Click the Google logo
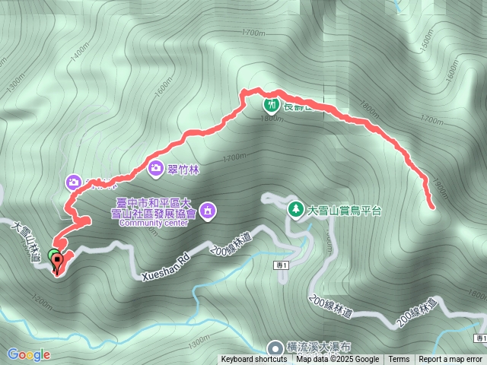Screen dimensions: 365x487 click(x=29, y=354)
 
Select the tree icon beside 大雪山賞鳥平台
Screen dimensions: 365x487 click(x=295, y=208)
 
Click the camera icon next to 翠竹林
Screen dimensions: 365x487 click(x=155, y=169)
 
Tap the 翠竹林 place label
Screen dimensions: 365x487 click(x=183, y=170)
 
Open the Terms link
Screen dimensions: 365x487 click(x=399, y=360)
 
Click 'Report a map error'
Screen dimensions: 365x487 click(x=450, y=360)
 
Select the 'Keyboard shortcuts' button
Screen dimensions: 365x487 click(x=254, y=360)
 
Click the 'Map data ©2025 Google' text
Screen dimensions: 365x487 click(x=337, y=360)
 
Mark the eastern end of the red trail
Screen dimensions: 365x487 click(x=433, y=206)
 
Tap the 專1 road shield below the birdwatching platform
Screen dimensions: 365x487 click(x=280, y=263)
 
